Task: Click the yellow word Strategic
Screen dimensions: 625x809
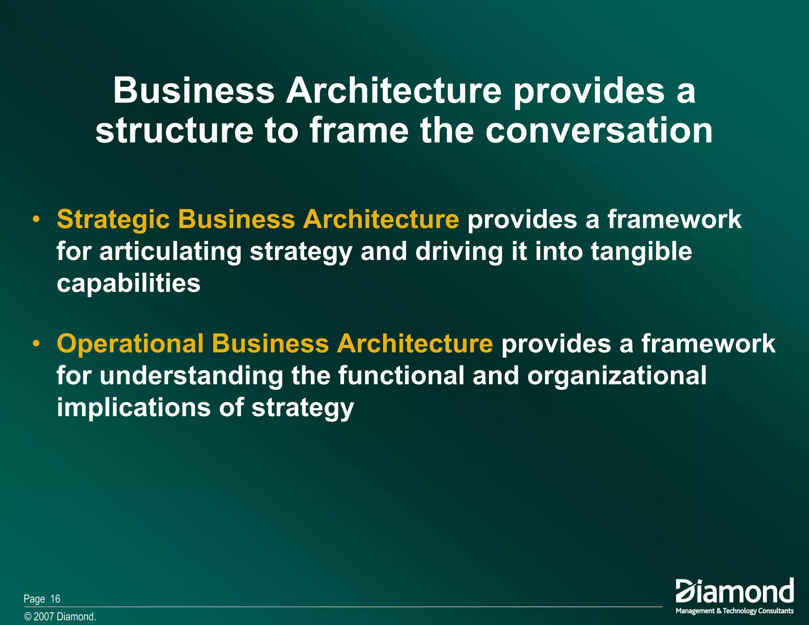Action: pyautogui.click(x=113, y=220)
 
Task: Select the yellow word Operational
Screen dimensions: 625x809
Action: pyautogui.click(x=130, y=343)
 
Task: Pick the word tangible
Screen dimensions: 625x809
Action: pyautogui.click(x=641, y=252)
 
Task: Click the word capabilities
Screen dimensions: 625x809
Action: pyautogui.click(x=128, y=283)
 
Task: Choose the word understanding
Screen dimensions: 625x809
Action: pyautogui.click(x=191, y=375)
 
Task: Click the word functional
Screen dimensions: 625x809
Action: pyautogui.click(x=401, y=375)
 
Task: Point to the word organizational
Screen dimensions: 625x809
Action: pyautogui.click(x=617, y=375)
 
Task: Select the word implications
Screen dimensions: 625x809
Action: pyautogui.click(x=134, y=407)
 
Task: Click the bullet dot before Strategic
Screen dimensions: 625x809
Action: pyautogui.click(x=36, y=220)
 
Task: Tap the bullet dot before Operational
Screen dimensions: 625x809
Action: pyautogui.click(x=36, y=343)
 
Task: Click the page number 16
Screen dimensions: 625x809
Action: pyautogui.click(x=55, y=599)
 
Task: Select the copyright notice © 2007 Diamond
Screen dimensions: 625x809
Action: pyautogui.click(x=60, y=617)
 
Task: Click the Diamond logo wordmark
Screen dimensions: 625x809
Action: pyautogui.click(x=734, y=591)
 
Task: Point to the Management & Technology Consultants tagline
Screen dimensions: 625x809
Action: pyautogui.click(x=734, y=611)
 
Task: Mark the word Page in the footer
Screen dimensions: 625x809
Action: pyautogui.click(x=34, y=599)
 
